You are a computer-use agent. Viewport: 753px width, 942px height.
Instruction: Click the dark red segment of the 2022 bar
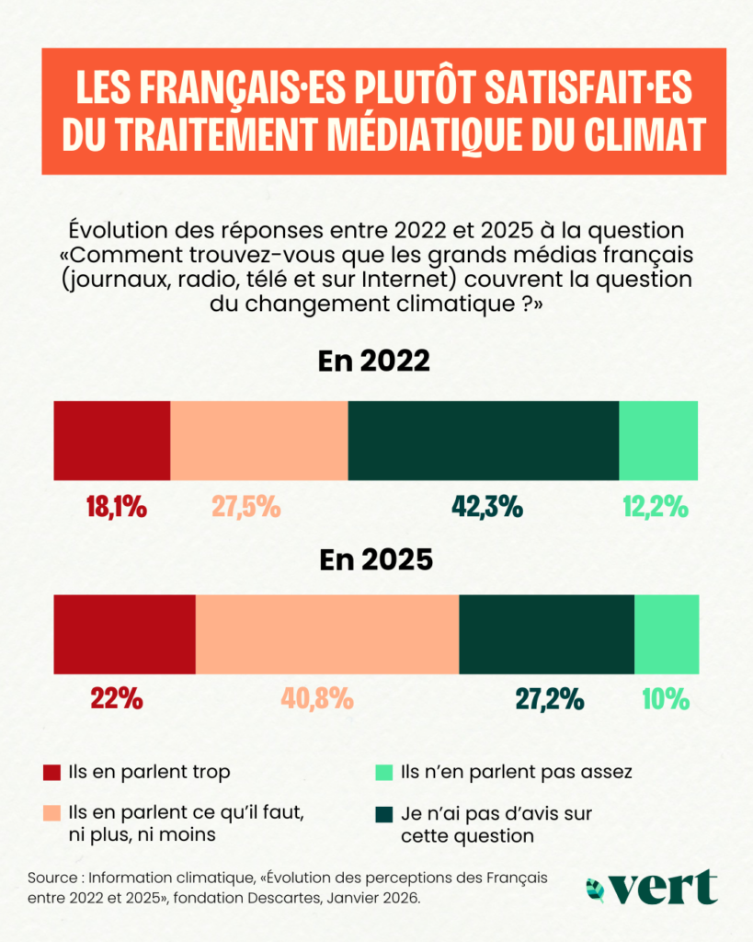[x=112, y=441]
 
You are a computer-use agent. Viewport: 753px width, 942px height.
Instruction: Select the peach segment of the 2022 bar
[x=259, y=441]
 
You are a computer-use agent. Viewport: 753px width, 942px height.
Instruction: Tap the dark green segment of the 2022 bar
[x=484, y=441]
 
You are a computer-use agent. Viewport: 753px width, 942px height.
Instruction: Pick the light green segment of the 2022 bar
[x=658, y=441]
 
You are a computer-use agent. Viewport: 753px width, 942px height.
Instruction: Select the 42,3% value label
[x=487, y=506]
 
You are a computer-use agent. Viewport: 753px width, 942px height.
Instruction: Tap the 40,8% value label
[x=316, y=699]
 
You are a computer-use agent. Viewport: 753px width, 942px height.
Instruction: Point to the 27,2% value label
[x=549, y=699]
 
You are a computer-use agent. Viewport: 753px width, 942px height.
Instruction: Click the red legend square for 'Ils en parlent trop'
[x=51, y=772]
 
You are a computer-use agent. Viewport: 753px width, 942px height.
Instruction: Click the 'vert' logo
[x=652, y=887]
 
